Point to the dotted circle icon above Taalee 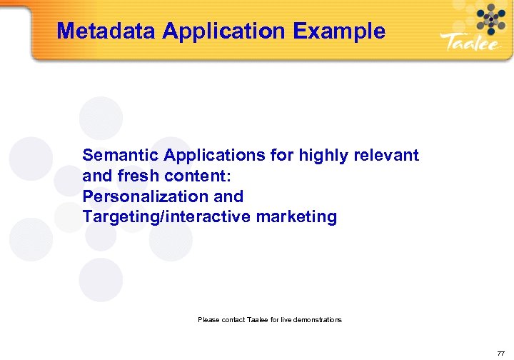[x=490, y=19]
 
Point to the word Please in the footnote [x=208, y=319]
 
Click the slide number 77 [x=500, y=352]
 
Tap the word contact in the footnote [x=232, y=319]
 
